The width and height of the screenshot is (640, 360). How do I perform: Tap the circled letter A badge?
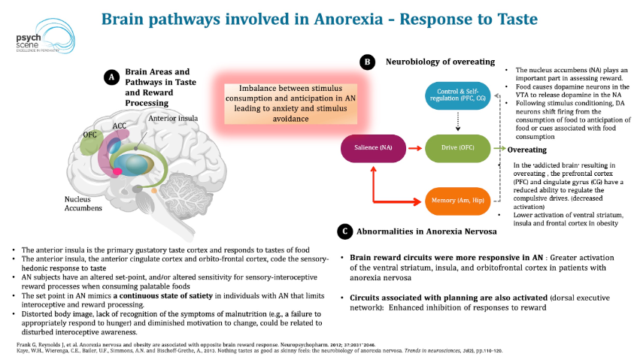(x=111, y=77)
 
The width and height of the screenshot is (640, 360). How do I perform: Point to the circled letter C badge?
(x=343, y=231)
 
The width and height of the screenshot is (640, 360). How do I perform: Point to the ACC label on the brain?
(x=119, y=126)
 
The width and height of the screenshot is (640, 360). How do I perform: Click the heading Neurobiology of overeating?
(x=440, y=62)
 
